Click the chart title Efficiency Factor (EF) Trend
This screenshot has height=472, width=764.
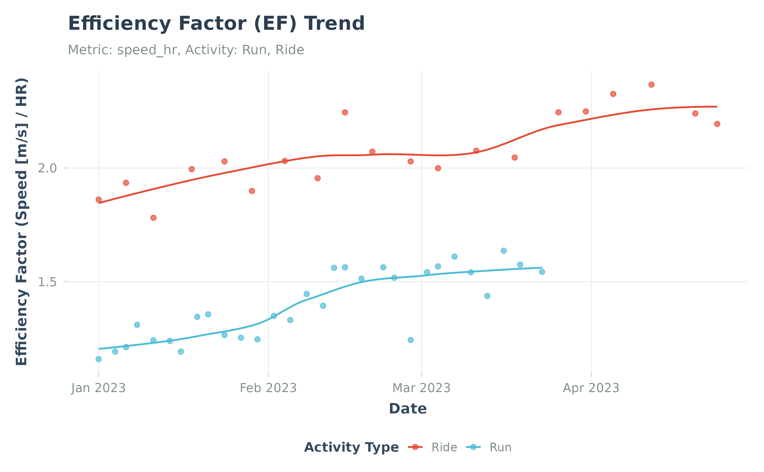click(216, 24)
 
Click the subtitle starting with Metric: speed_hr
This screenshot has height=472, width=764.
click(186, 50)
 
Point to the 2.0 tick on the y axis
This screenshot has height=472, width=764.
click(47, 168)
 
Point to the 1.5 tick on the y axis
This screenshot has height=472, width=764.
click(47, 282)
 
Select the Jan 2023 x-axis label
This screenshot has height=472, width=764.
click(98, 388)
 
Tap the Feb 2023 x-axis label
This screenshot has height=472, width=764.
click(268, 388)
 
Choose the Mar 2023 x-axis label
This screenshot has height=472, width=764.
click(421, 388)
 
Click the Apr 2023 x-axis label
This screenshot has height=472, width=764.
click(591, 388)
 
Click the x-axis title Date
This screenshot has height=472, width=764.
click(407, 409)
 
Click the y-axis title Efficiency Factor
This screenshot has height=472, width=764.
click(22, 222)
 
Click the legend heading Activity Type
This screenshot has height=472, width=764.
click(351, 447)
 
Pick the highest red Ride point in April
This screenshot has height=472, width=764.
click(651, 85)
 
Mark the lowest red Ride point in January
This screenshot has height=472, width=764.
click(153, 218)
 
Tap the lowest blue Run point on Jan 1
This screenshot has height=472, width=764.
click(99, 359)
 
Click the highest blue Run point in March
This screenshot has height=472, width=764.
click(504, 251)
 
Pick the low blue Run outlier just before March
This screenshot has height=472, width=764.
click(411, 340)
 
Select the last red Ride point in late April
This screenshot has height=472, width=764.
click(717, 124)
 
